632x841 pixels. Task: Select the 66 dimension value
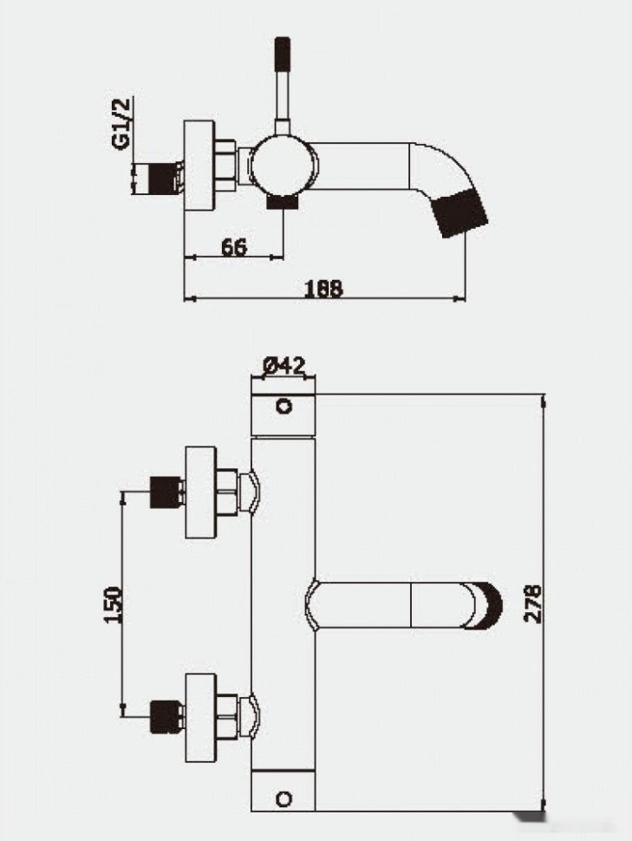(231, 247)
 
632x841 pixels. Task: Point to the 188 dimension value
(324, 289)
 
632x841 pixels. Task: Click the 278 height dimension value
(532, 603)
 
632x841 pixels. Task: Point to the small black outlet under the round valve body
(282, 202)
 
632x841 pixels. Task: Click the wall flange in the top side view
(199, 166)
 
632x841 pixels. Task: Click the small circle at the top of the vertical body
(283, 406)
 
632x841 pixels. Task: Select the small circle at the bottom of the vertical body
(283, 796)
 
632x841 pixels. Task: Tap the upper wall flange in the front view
(200, 492)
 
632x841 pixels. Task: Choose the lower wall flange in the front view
(200, 716)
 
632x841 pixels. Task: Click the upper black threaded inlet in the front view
(165, 492)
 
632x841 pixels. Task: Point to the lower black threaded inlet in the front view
(165, 716)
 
